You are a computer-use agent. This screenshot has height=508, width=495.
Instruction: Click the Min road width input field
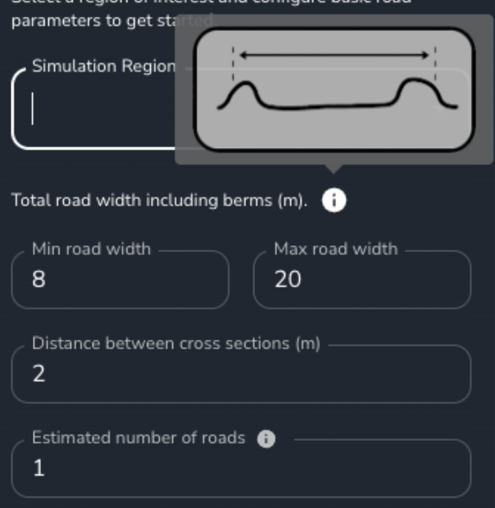coord(121,280)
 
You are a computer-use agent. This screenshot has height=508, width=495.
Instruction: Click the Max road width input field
coord(362,280)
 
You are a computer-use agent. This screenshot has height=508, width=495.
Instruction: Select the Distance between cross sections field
coord(241,374)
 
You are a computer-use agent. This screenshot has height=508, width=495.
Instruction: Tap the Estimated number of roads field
coord(241,468)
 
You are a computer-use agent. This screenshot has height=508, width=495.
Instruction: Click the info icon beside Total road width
coord(334,200)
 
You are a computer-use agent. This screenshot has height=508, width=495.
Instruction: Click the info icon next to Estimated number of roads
coord(266,439)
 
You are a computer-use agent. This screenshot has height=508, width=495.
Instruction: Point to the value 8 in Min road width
coord(39,280)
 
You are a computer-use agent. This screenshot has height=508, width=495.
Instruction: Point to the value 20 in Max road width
coord(288,280)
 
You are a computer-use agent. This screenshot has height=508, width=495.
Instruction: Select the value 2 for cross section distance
coord(39,374)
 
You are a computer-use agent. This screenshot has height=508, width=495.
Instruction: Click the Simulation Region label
coord(103,66)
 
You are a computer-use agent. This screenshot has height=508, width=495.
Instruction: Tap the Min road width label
coord(91,249)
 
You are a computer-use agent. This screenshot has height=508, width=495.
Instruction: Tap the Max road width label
coord(335,249)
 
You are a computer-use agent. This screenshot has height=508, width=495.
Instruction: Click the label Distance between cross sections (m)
coord(176,344)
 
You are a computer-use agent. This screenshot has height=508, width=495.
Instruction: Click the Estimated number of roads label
coord(138,438)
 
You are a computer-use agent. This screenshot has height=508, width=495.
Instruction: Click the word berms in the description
coord(249,200)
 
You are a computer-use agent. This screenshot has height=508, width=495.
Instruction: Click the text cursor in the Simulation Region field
coord(32,109)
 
